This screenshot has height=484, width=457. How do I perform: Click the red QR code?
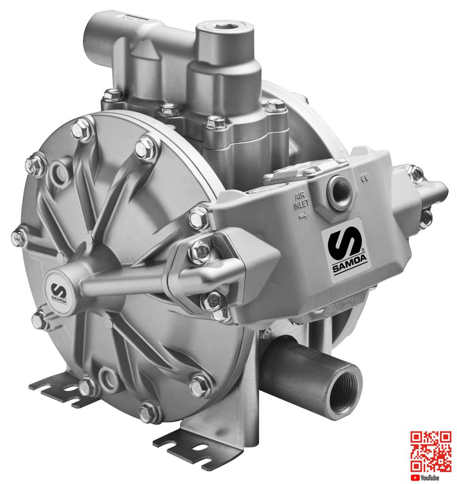(430, 452)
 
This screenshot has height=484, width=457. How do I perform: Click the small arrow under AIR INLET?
(303, 216)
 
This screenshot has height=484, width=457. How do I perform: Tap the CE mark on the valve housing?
(364, 177)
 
